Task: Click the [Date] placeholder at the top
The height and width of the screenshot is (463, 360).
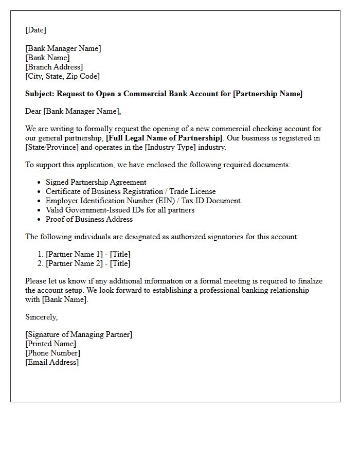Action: pos(35,30)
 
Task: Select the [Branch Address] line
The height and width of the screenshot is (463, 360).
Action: pos(54,67)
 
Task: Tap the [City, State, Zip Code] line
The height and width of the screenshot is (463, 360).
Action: pos(62,76)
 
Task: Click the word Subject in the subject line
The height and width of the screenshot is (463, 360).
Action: pos(39,94)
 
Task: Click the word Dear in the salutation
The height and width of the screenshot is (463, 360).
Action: pos(33,111)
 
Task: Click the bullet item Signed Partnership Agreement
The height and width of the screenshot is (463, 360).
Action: pos(96,182)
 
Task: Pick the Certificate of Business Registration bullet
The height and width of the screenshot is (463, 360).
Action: pos(131,191)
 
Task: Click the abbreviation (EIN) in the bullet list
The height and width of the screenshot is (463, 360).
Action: pos(161,201)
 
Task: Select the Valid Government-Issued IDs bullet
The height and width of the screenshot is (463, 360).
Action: pos(120,210)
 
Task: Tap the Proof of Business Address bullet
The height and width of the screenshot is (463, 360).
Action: pos(89,219)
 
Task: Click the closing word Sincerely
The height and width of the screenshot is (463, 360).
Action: pos(41,317)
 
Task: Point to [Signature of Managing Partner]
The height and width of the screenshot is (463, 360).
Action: pos(79,334)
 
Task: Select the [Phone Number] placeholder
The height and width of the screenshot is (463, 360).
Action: pos(52,353)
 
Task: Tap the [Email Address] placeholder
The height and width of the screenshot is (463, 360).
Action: pos(52,362)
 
